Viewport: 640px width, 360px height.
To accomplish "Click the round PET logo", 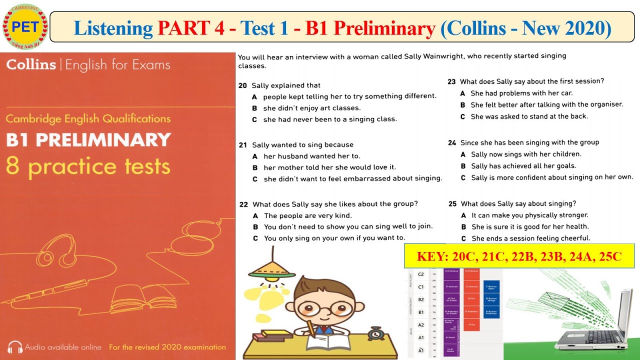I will pyautogui.click(x=25, y=26).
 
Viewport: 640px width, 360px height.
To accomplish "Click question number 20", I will pyautogui.click(x=243, y=85).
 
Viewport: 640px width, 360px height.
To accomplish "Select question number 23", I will pyautogui.click(x=451, y=81).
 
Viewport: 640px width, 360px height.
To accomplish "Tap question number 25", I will pyautogui.click(x=452, y=204).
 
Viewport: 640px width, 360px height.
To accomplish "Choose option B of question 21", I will pyautogui.click(x=255, y=168).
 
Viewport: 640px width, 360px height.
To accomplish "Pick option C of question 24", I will pyautogui.click(x=463, y=177).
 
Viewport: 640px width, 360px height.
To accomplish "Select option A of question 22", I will pyautogui.click(x=255, y=216).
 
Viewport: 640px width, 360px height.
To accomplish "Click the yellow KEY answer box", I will pyautogui.click(x=519, y=257).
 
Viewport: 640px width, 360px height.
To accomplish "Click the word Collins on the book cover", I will pyautogui.click(x=31, y=65).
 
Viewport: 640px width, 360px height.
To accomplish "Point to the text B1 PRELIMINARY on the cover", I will pyautogui.click(x=88, y=139).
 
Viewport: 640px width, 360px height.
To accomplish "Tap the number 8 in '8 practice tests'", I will pyautogui.click(x=12, y=166).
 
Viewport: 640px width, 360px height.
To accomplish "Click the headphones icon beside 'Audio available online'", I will pyautogui.click(x=14, y=347).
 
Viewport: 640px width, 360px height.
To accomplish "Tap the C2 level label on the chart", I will pyautogui.click(x=420, y=274).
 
